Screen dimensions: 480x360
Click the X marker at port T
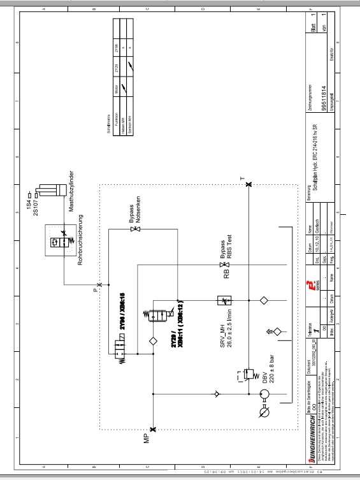point(248,185)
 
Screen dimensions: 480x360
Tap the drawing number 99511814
point(324,99)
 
